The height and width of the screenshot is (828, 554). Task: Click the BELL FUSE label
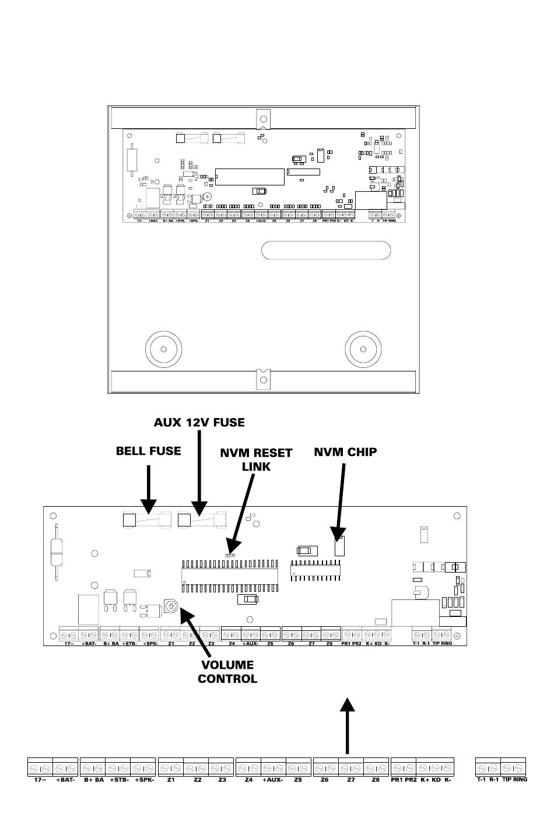[148, 451]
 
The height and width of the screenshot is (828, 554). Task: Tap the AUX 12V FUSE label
[199, 422]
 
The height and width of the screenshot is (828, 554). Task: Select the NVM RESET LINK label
[256, 459]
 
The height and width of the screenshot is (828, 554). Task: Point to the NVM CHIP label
[345, 452]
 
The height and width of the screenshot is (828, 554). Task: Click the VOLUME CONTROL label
[227, 672]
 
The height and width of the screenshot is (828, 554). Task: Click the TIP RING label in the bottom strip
[514, 779]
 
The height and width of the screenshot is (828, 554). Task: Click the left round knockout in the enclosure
[163, 349]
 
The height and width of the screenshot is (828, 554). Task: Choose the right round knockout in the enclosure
[364, 349]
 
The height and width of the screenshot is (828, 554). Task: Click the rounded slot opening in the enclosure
[325, 251]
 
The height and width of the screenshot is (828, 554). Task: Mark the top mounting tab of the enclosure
[264, 117]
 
